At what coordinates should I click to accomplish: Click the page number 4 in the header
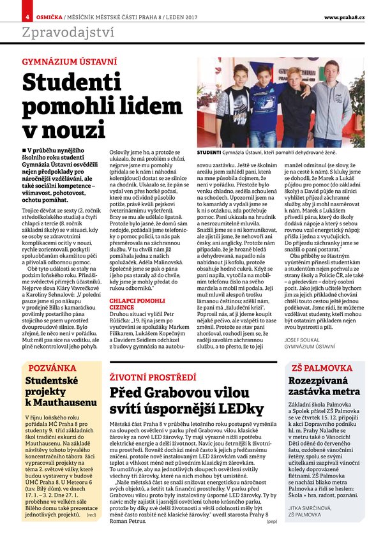[x=27, y=16]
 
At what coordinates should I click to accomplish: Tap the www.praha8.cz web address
[x=345, y=16]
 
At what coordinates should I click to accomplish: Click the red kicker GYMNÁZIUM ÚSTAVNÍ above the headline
[x=70, y=63]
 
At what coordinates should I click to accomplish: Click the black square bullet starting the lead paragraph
[x=24, y=150]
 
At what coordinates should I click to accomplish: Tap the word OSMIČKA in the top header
[x=48, y=16]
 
